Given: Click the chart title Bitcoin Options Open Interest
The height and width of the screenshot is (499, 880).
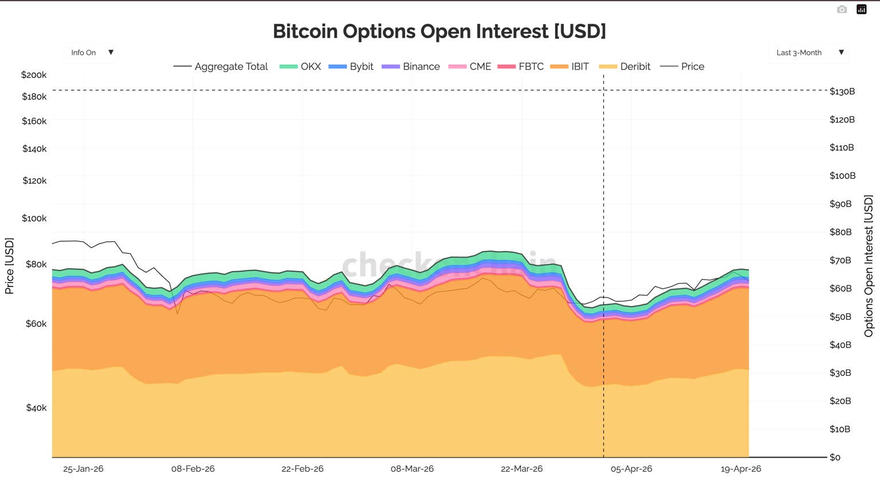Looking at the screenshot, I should pos(439,32).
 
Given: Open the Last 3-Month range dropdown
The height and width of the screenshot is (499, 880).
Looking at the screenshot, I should pos(809,53).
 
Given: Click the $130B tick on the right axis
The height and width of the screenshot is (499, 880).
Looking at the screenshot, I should pos(842,92).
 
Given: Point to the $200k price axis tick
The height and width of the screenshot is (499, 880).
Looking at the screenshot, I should pos(34,75).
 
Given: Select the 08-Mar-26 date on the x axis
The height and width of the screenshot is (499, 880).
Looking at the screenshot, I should pos(412,469).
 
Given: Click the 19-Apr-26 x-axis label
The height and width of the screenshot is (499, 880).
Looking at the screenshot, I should pos(741,469).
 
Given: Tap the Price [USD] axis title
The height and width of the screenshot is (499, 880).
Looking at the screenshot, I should pos(9,266).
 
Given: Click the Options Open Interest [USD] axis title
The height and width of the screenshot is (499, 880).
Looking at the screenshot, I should pos(869,266).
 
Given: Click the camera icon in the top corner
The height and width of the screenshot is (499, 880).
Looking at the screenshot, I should pos(842,9).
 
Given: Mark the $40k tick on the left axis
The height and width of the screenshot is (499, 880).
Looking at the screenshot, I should pos(36,408).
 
